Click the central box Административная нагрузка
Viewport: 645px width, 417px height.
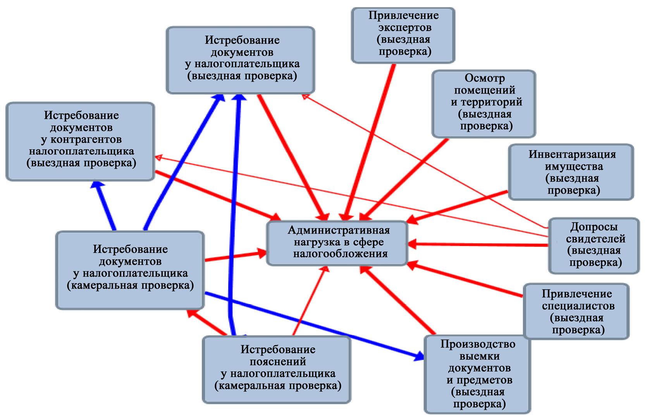(337, 243)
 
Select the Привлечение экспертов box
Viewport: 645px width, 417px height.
(403, 35)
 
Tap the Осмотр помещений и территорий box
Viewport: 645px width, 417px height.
(484, 103)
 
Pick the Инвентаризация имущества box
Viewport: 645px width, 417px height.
(571, 172)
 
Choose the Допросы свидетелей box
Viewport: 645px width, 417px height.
(594, 245)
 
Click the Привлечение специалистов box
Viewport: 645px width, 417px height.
(576, 311)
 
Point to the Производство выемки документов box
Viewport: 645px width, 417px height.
(477, 374)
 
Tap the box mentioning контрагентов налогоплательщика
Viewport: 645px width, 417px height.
(80, 141)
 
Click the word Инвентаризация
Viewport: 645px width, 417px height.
(572, 154)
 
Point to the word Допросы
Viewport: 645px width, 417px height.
(593, 227)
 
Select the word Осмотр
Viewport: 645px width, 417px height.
(485, 78)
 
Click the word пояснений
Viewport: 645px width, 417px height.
(278, 362)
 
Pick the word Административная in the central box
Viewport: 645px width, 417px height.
(339, 230)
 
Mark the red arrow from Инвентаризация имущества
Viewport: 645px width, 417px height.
(457, 206)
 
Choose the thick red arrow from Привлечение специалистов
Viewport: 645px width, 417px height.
(465, 280)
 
